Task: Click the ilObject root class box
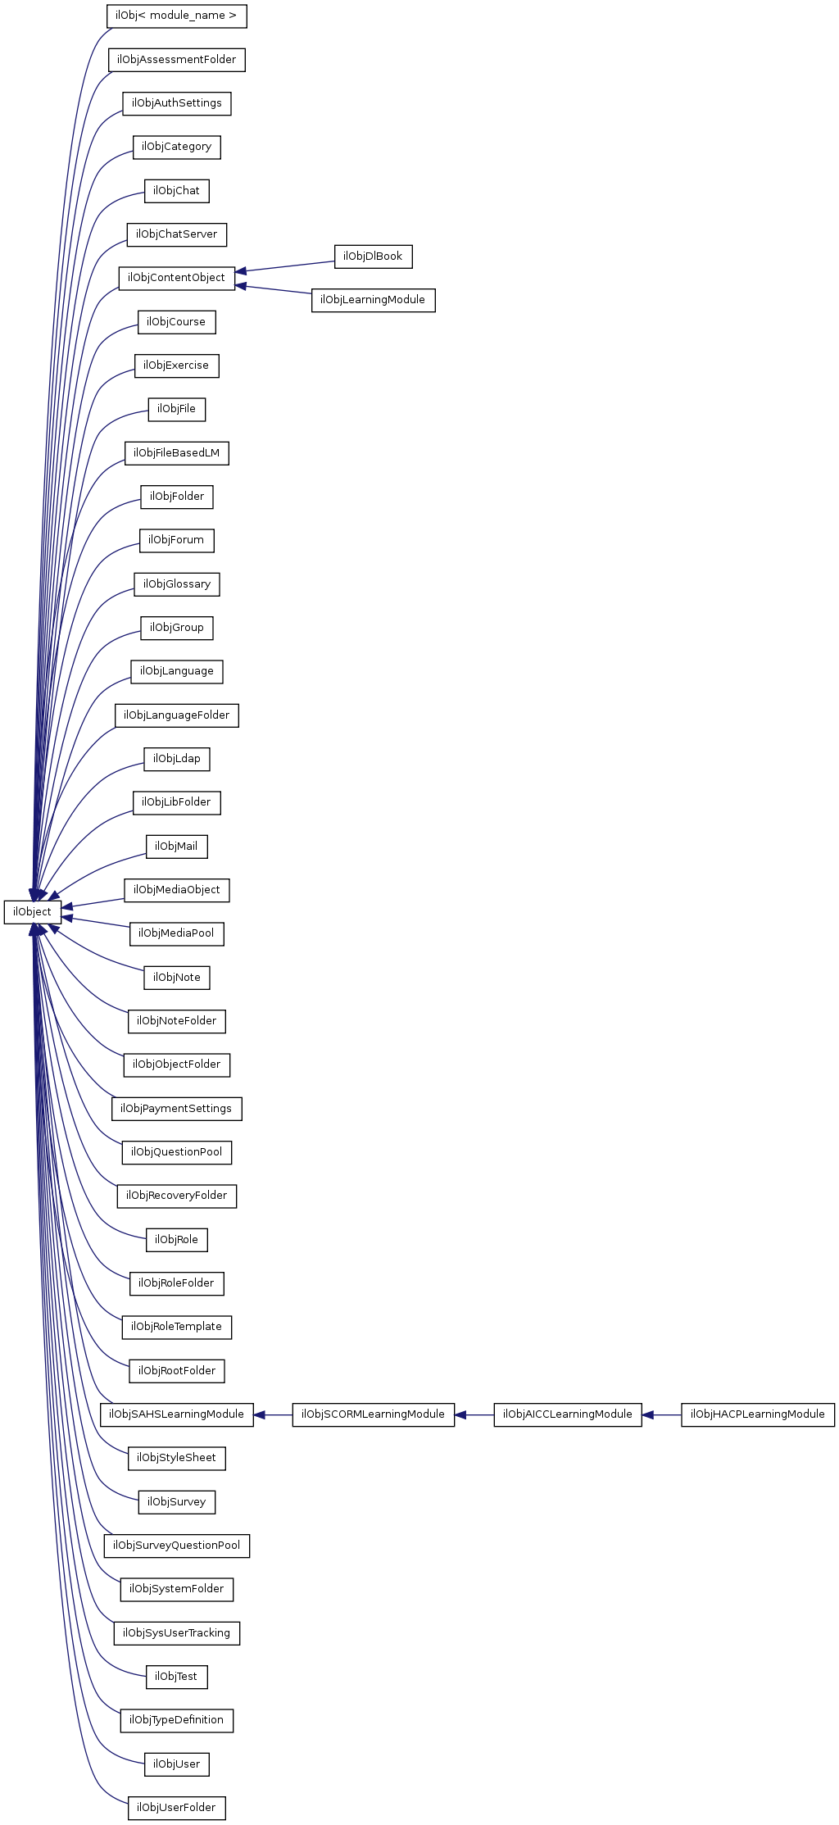coord(32,912)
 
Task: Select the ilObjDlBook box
coord(373,256)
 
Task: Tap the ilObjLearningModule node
coord(373,300)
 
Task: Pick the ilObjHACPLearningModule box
coord(757,1414)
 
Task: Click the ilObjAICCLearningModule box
coord(567,1414)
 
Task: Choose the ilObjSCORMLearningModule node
coord(373,1414)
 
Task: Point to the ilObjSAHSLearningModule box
coord(176,1414)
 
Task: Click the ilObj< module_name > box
coord(176,16)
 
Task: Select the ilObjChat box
coord(176,191)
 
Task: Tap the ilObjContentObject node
coord(176,278)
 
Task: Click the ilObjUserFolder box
coord(176,1808)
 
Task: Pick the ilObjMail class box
coord(176,847)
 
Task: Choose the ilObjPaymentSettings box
coord(176,1109)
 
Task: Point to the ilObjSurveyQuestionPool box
coord(176,1546)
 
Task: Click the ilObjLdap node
coord(176,759)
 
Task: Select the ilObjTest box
coord(176,1677)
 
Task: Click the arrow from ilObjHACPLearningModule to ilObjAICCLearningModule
coord(661,1414)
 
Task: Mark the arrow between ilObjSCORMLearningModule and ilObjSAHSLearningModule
coord(273,1414)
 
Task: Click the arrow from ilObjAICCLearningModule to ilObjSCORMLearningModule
coord(474,1414)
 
